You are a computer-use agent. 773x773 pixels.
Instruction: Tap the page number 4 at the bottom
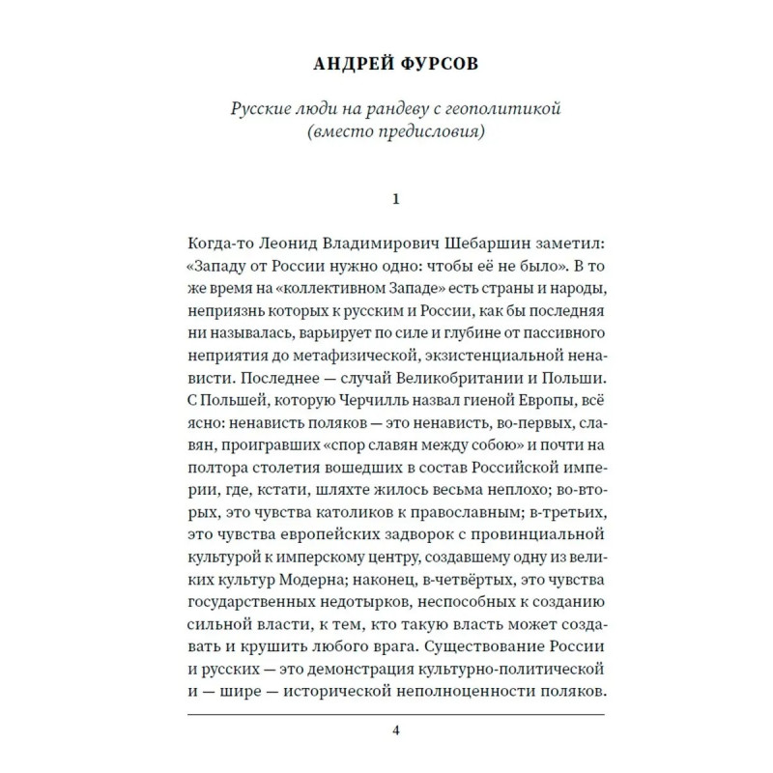(x=394, y=730)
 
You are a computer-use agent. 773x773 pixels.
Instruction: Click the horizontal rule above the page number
(x=394, y=714)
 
